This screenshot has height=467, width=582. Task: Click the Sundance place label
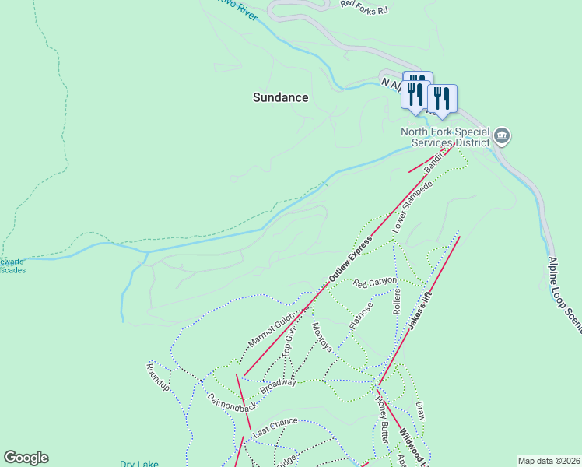[280, 97]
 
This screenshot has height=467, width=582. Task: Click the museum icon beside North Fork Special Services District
[502, 138]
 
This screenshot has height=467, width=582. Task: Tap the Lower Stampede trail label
[412, 207]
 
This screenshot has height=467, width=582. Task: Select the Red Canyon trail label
[374, 282]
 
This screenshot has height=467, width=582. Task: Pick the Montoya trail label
[321, 337]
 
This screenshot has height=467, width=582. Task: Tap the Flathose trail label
[361, 315]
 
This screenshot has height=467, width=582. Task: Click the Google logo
[26, 458]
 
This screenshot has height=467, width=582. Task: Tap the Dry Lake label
[139, 464]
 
